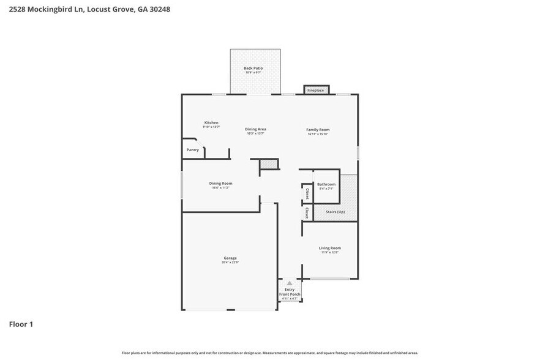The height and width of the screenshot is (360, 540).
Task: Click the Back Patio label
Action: [x=253, y=68]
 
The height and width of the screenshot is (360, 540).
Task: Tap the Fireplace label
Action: [x=315, y=91]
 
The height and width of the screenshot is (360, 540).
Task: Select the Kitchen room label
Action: [x=211, y=122]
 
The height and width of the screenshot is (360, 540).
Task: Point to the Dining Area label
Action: [x=255, y=129]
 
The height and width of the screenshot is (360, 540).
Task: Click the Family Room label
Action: [x=318, y=130]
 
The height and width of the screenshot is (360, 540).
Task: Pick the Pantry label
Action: [x=192, y=149]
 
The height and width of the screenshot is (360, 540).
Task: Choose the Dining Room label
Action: [x=220, y=183]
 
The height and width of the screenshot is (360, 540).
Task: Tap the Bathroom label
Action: [x=326, y=184]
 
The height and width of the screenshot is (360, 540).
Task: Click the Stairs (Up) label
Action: [x=335, y=212]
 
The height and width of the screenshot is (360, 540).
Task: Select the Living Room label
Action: [x=329, y=248]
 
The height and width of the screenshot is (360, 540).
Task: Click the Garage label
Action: [x=230, y=258]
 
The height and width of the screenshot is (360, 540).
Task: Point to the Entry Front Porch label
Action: [x=289, y=292]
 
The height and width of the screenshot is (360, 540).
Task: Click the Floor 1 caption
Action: [x=21, y=324]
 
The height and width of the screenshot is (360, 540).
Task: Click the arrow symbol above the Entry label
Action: [x=289, y=283]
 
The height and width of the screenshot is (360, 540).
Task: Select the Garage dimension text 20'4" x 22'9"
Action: [x=230, y=263]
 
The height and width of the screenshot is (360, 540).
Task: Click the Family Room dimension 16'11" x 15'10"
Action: [x=318, y=134]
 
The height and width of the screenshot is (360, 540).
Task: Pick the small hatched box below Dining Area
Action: [x=269, y=164]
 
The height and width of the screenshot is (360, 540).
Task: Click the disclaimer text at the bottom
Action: [x=269, y=353]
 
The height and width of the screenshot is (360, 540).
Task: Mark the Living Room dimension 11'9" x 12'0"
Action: [x=329, y=252]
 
